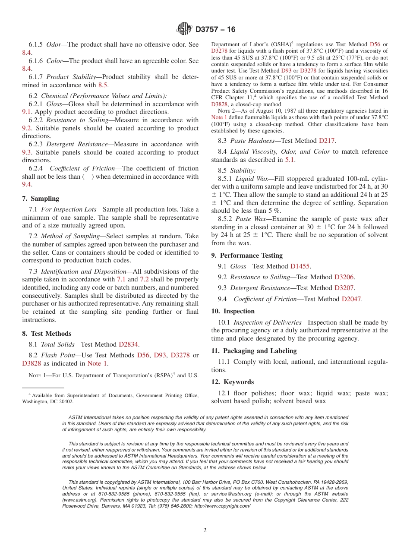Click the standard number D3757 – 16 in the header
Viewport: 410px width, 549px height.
point(215,29)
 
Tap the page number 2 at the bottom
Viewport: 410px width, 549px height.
point(205,530)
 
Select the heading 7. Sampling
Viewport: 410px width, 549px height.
point(41,199)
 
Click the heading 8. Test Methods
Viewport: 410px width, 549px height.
point(47,334)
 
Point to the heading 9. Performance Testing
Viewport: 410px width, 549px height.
point(247,256)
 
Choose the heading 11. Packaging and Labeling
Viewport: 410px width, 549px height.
point(254,351)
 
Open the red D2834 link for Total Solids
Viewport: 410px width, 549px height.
point(129,344)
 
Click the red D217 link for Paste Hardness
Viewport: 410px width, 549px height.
point(327,140)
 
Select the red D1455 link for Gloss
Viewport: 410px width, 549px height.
point(300,267)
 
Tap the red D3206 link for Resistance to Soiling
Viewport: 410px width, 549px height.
point(344,278)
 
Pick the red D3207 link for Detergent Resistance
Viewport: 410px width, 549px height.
point(345,288)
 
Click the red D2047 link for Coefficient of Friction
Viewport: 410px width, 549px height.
point(352,299)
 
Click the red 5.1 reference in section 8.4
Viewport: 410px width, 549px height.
point(290,160)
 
